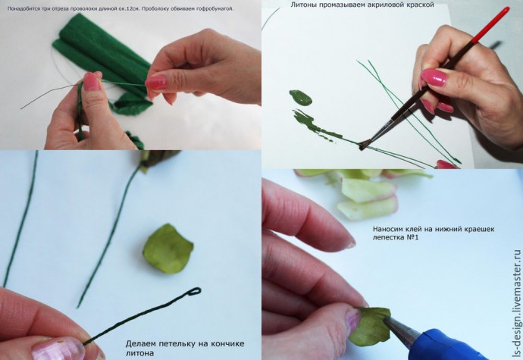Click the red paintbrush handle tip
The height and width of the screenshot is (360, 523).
click(x=507, y=10)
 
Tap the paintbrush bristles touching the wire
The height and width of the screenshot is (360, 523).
click(x=365, y=145)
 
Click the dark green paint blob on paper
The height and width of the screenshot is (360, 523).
click(x=300, y=97)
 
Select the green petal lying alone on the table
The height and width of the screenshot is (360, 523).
click(x=168, y=249)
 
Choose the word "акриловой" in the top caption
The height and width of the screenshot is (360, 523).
click(x=387, y=5)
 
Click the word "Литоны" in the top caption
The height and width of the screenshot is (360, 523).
click(x=303, y=5)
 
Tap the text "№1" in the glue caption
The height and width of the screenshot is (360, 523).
click(x=412, y=237)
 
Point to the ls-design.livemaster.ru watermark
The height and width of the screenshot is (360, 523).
click(x=517, y=304)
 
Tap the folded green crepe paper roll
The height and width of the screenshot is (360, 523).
click(x=100, y=55)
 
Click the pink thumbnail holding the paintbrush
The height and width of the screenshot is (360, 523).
click(x=434, y=77)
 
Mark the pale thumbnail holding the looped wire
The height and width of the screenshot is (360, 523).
click(x=59, y=349)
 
